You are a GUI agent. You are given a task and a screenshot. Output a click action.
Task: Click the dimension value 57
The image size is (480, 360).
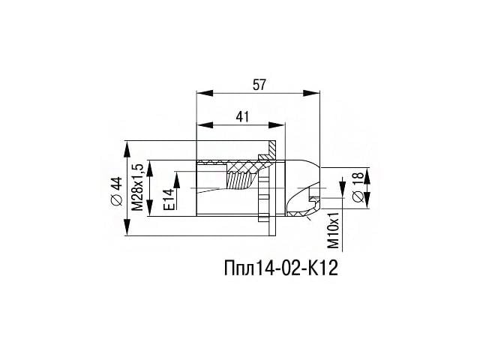pyautogui.click(x=259, y=85)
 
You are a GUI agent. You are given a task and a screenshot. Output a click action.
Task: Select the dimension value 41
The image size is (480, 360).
pyautogui.click(x=242, y=117)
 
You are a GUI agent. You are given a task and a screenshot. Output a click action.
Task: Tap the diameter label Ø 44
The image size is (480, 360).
pyautogui.click(x=117, y=190)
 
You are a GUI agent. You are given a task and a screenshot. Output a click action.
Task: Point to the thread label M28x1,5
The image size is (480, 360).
pyautogui.click(x=138, y=187)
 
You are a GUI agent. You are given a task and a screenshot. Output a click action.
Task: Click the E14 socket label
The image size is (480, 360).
pyautogui.click(x=169, y=199)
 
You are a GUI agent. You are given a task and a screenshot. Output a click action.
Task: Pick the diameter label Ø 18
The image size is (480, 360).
pyautogui.click(x=358, y=187)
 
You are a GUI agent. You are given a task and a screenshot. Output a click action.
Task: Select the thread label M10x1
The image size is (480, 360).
pyautogui.click(x=334, y=230)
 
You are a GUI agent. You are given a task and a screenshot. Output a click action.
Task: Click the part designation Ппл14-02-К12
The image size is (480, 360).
pyautogui.click(x=281, y=268)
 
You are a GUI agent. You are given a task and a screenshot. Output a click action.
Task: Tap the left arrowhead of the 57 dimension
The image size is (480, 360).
pyautogui.click(x=205, y=93)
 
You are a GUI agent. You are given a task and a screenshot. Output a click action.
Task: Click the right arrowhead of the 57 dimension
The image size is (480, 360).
pyautogui.click(x=311, y=93)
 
